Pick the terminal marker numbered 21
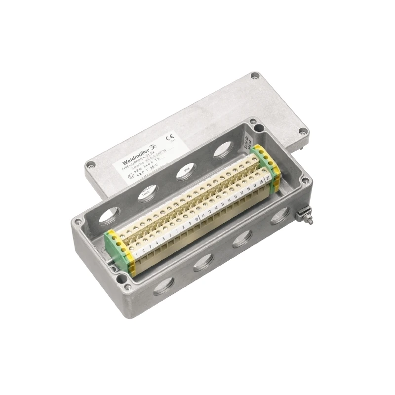(x=268, y=177)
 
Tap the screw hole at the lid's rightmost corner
(x=302, y=131)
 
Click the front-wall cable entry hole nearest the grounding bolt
(x=279, y=216)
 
